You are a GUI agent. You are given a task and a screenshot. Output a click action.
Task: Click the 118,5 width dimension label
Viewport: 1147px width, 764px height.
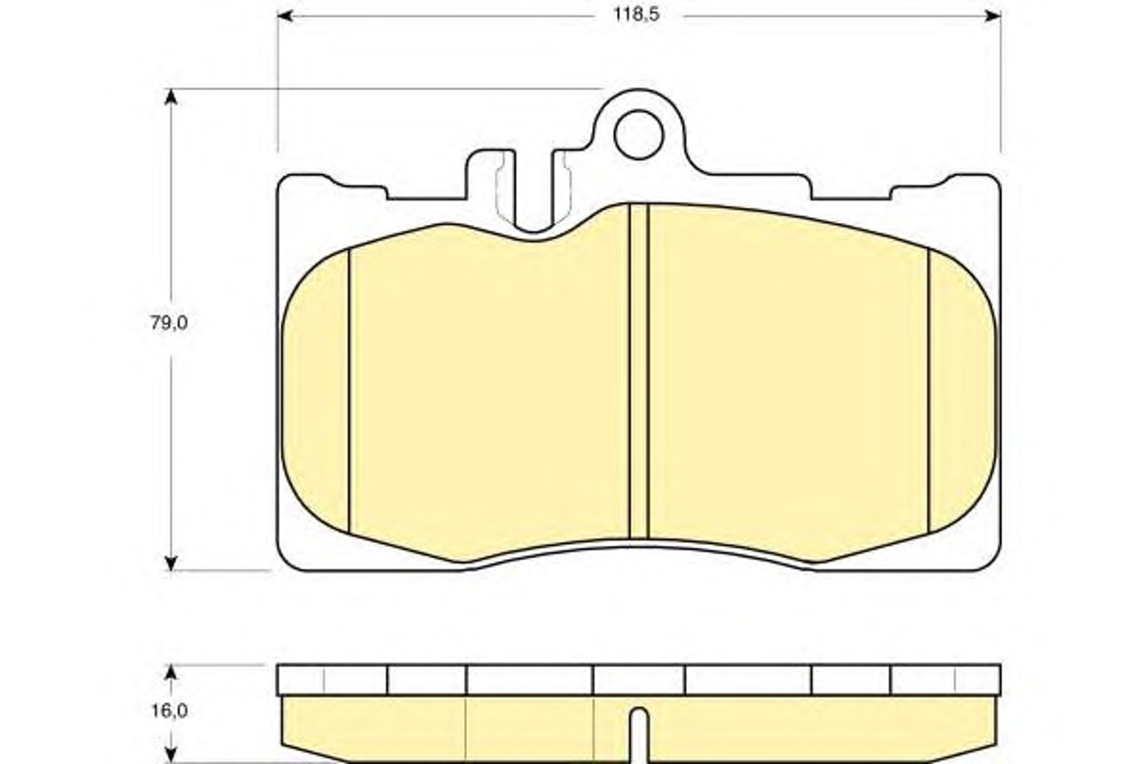click(x=636, y=15)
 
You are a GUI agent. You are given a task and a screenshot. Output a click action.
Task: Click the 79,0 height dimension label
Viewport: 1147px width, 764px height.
click(x=169, y=323)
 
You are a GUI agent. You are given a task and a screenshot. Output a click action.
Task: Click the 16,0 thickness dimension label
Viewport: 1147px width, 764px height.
click(x=169, y=711)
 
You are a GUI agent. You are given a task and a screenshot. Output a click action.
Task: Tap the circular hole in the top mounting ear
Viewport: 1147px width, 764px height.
click(x=639, y=135)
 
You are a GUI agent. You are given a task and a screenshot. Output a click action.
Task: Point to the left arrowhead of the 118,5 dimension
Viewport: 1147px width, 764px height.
click(x=285, y=16)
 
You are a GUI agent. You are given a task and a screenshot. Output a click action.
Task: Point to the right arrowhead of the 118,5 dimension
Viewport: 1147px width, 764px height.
click(x=993, y=16)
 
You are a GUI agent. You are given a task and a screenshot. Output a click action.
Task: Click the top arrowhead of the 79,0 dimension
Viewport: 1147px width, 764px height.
click(x=170, y=96)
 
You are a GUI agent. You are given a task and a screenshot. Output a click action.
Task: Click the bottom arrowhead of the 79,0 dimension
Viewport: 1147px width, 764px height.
click(x=170, y=563)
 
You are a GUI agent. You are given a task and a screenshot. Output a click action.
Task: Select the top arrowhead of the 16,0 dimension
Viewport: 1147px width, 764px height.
click(x=170, y=672)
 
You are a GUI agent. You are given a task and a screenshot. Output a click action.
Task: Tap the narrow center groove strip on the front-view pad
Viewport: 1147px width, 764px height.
click(x=639, y=371)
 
